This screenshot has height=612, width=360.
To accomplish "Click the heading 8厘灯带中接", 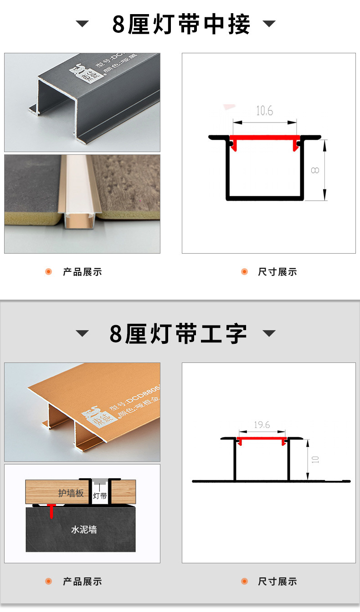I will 181,25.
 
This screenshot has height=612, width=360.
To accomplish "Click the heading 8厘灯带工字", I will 178,334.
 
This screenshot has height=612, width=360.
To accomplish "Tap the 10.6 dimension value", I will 264,111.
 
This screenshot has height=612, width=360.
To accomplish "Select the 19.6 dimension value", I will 262,425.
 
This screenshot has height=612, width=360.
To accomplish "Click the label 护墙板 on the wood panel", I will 71,493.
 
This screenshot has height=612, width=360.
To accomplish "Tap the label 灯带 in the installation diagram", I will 100,496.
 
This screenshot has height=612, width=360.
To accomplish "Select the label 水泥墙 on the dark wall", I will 84,530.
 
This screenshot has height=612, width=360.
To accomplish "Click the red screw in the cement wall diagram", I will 52,510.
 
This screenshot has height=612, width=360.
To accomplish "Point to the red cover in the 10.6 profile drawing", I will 265,138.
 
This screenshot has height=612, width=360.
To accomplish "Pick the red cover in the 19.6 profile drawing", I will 262,439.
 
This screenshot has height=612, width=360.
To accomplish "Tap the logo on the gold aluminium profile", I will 93,418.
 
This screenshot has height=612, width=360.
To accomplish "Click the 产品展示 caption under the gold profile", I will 82,581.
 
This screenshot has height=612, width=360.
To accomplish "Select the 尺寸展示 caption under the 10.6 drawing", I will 277,272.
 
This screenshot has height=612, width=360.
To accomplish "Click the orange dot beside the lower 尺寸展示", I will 244,581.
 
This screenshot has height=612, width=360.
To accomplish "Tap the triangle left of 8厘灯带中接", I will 82,24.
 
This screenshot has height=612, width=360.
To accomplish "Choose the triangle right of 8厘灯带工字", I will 269,334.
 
